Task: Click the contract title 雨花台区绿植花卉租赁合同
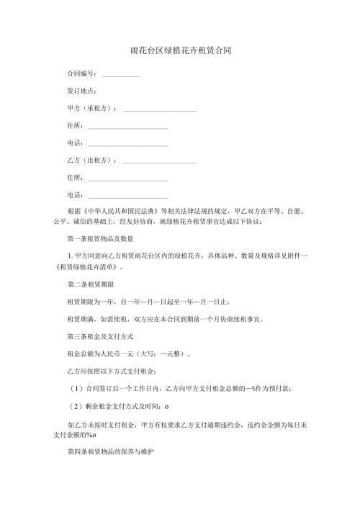pos(181,52)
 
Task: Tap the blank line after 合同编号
pos(120,76)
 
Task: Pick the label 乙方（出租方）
pos(91,160)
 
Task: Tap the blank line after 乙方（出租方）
pos(160,161)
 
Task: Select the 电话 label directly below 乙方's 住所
pos(74,194)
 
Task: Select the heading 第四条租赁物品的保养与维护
pos(108,456)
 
